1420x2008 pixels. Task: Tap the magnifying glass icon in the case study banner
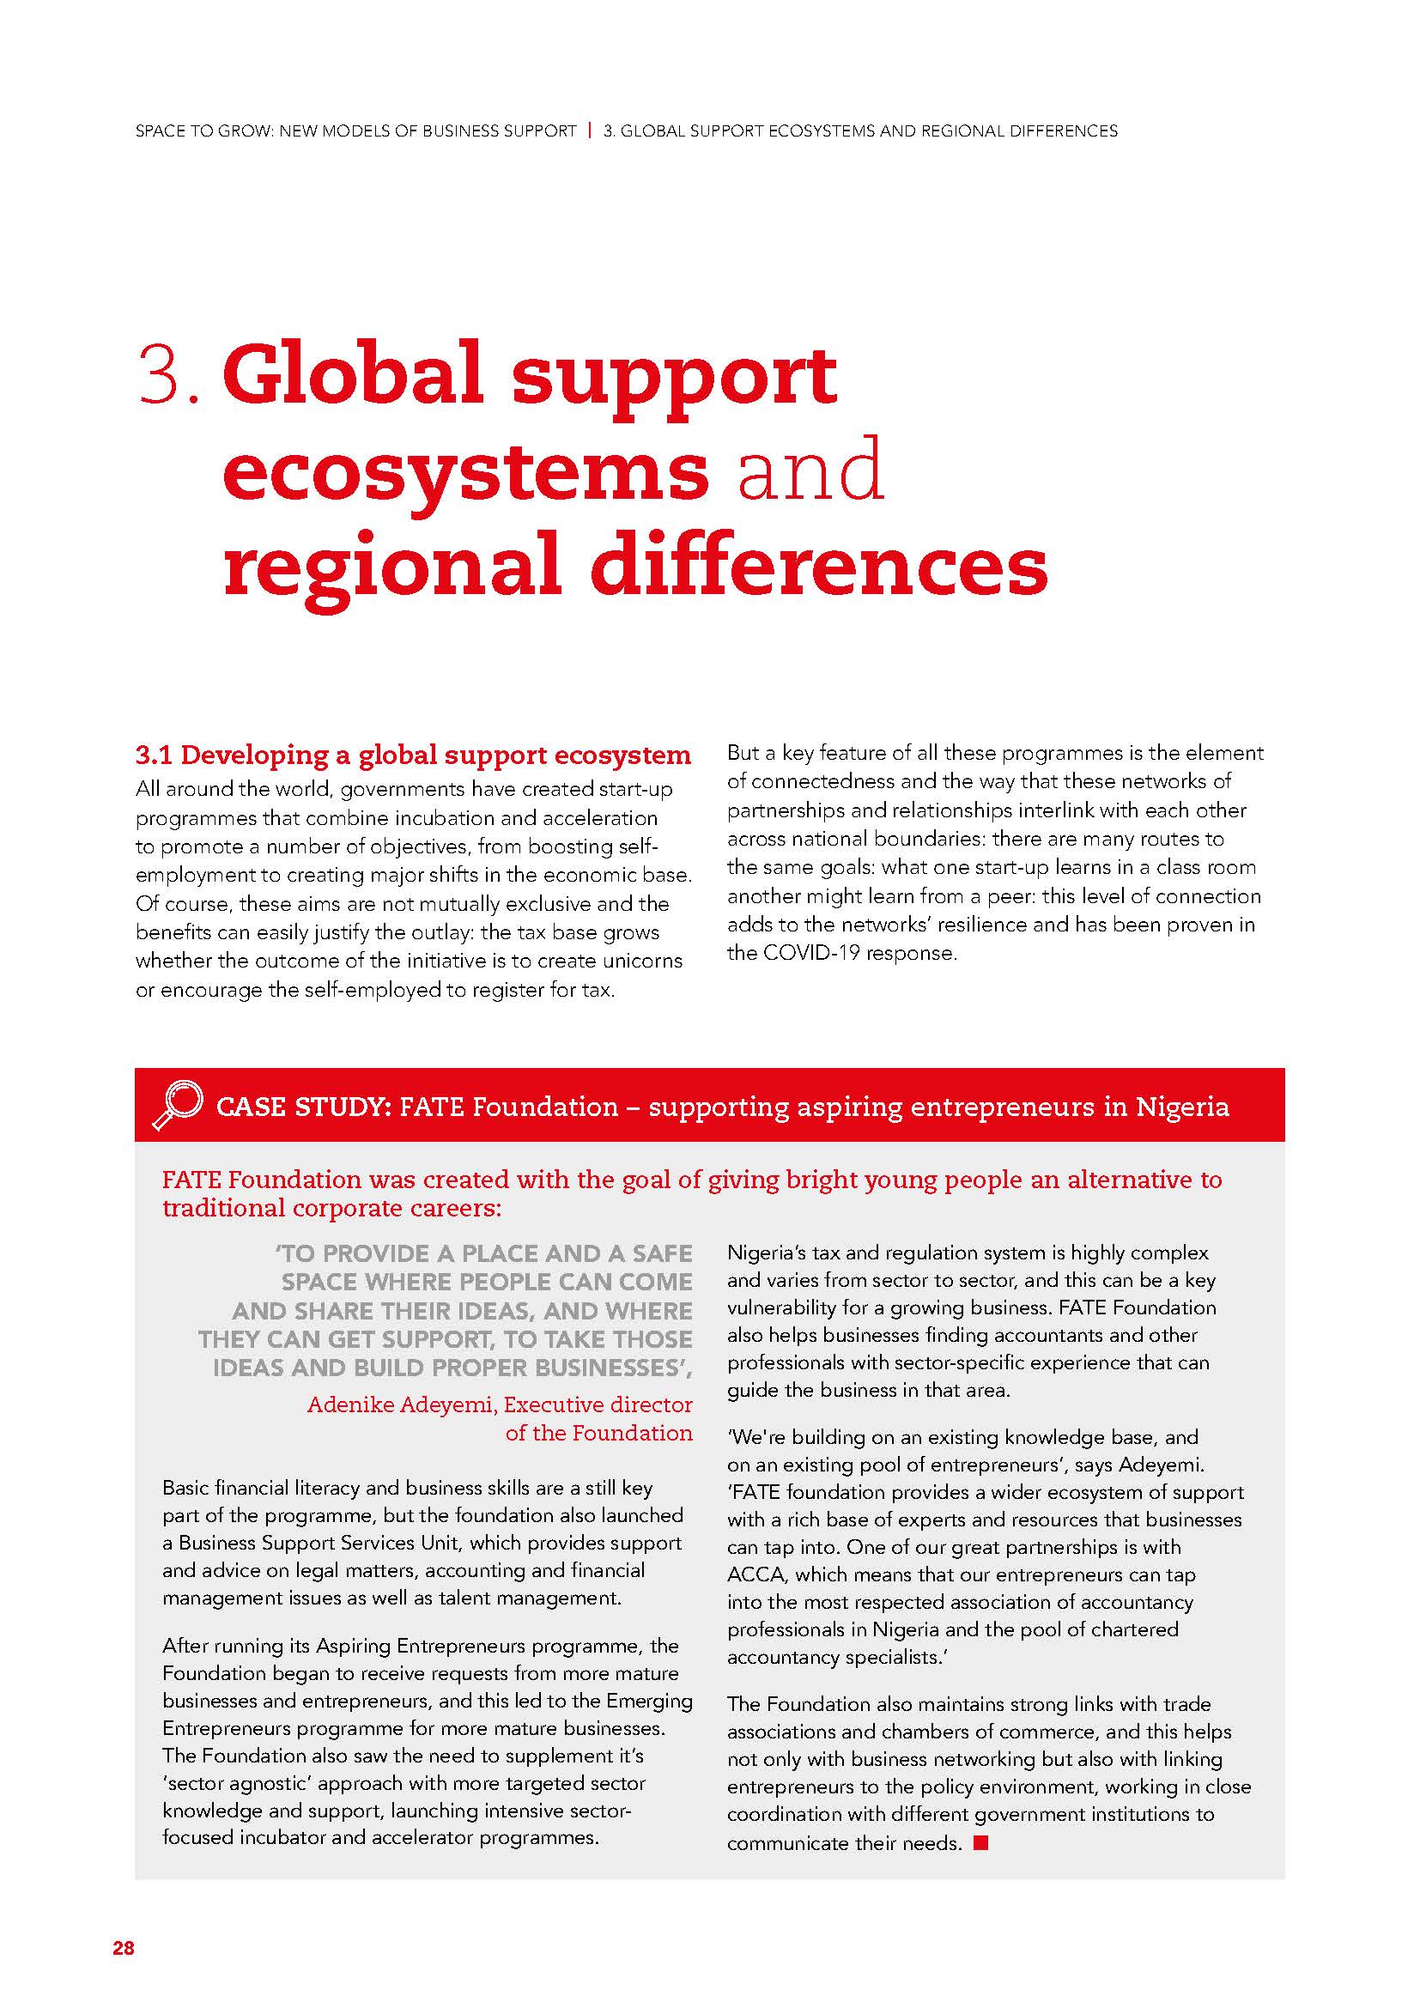coord(178,1105)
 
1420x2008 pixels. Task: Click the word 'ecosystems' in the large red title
coord(465,470)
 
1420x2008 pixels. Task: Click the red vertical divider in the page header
coord(590,131)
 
